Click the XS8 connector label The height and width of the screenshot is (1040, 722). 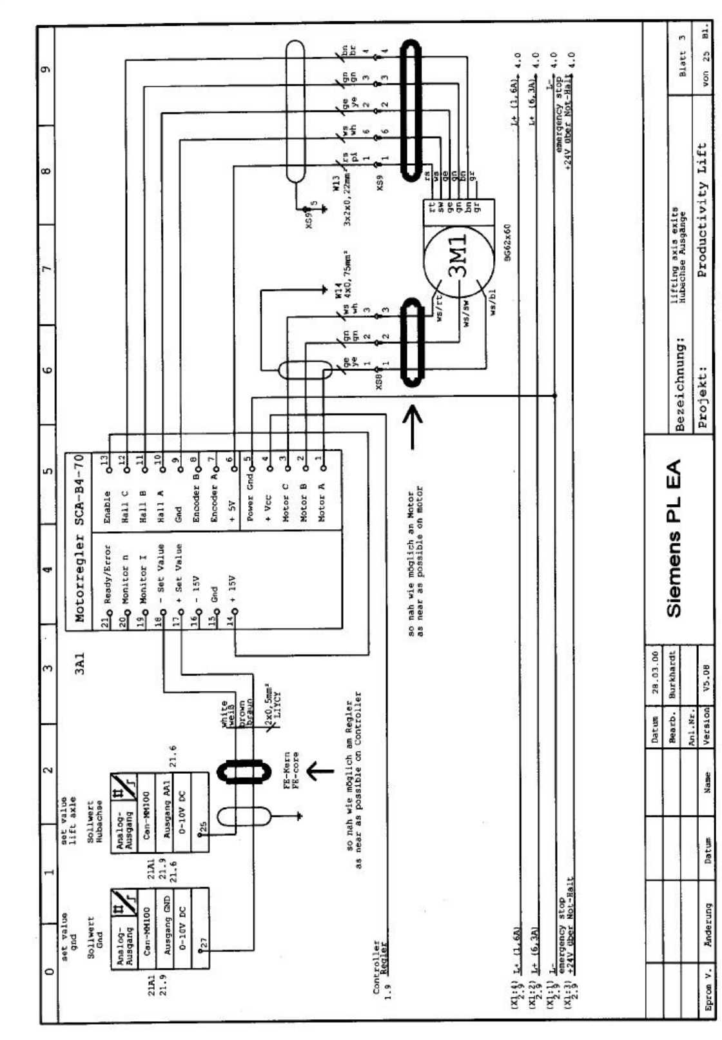point(380,383)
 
